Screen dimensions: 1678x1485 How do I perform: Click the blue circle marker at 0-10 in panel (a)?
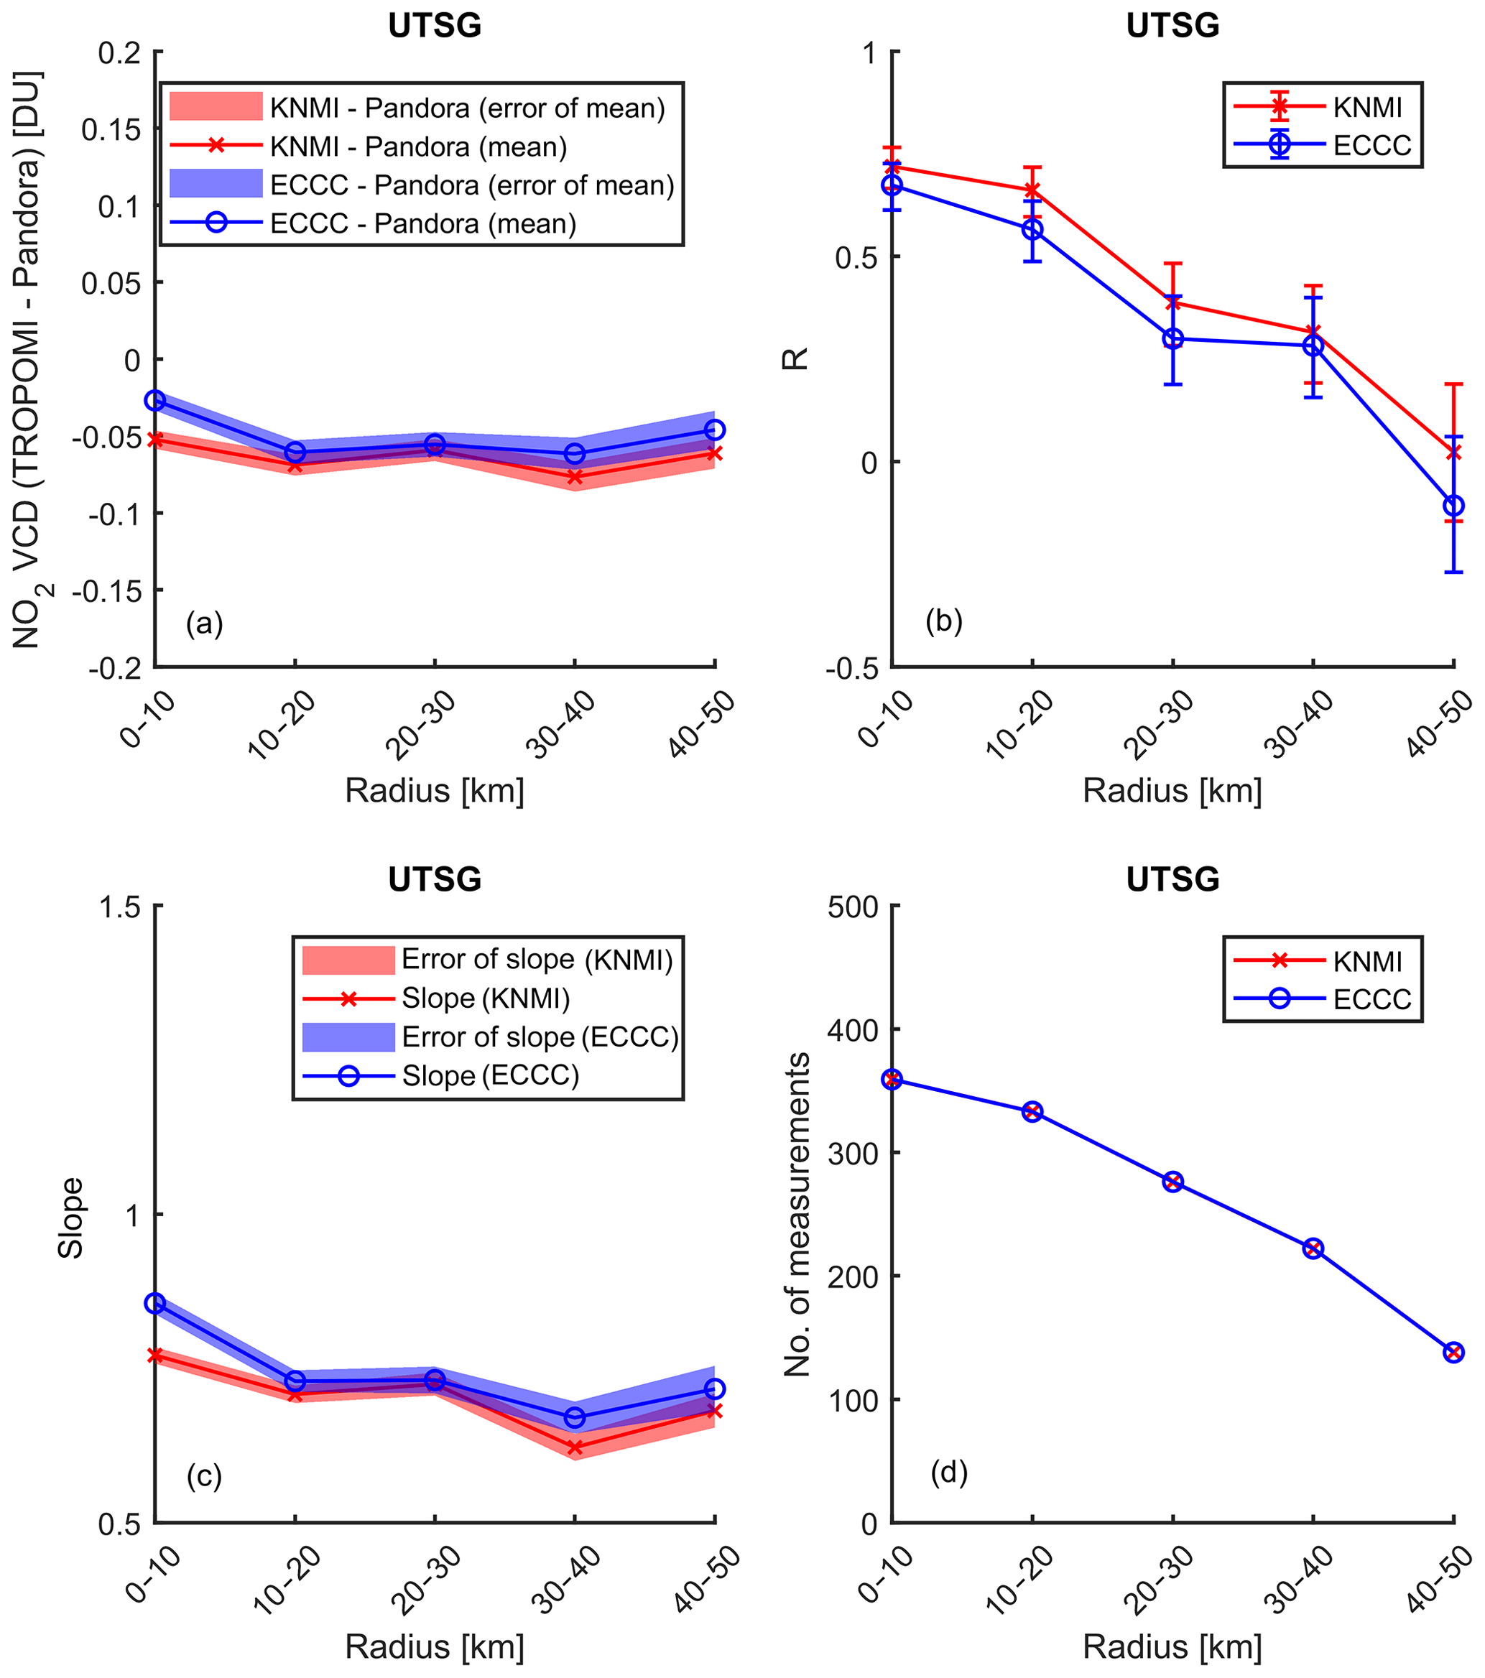click(155, 401)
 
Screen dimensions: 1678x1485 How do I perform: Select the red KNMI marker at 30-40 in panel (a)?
click(575, 477)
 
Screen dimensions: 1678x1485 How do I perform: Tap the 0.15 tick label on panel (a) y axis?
click(114, 129)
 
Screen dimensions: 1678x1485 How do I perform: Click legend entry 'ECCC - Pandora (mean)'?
click(422, 223)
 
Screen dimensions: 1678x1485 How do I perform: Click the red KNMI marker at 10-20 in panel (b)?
click(1032, 190)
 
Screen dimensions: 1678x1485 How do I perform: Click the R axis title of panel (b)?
click(795, 358)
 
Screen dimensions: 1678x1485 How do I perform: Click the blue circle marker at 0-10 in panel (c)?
click(155, 1303)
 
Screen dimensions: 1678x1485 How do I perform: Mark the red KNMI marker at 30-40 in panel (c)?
click(575, 1448)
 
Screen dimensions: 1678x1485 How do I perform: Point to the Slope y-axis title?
click(71, 1218)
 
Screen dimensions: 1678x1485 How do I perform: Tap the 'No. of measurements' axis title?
click(797, 1214)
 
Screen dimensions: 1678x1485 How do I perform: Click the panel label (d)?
click(949, 1473)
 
